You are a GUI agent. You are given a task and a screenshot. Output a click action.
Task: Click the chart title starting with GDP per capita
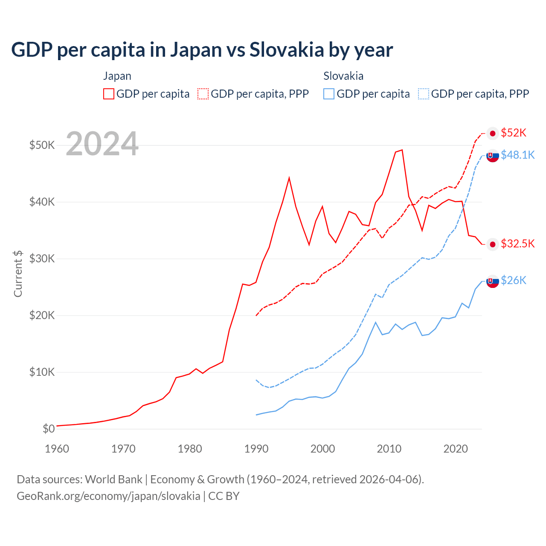click(202, 50)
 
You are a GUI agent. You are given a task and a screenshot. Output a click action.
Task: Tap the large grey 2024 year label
click(102, 144)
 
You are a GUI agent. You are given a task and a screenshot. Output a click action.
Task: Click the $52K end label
click(514, 133)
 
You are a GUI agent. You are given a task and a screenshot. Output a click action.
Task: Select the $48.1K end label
click(517, 155)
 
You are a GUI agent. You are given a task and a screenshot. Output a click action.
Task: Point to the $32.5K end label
click(517, 244)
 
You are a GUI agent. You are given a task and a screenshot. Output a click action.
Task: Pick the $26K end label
click(514, 280)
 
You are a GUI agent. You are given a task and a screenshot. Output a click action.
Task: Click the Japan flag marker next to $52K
click(493, 134)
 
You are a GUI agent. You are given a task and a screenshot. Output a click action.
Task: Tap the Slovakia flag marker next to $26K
click(493, 281)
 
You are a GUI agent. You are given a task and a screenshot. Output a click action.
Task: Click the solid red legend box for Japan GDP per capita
click(109, 94)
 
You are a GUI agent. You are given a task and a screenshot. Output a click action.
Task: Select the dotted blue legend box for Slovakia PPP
click(424, 94)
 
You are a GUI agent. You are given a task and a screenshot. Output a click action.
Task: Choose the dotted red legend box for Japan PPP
click(203, 94)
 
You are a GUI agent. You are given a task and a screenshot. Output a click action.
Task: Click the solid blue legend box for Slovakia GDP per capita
click(329, 94)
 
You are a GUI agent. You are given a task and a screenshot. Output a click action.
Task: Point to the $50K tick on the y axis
click(42, 145)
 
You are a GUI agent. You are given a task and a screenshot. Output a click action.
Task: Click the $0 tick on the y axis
click(49, 429)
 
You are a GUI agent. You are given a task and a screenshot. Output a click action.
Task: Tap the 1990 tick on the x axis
click(256, 449)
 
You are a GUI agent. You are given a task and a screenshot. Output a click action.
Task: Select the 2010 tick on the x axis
click(389, 449)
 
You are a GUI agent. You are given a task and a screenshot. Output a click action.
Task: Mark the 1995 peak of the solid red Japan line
click(289, 177)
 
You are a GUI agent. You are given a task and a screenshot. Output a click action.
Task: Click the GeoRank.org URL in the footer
click(108, 496)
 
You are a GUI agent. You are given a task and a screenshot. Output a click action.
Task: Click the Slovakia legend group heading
click(343, 76)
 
